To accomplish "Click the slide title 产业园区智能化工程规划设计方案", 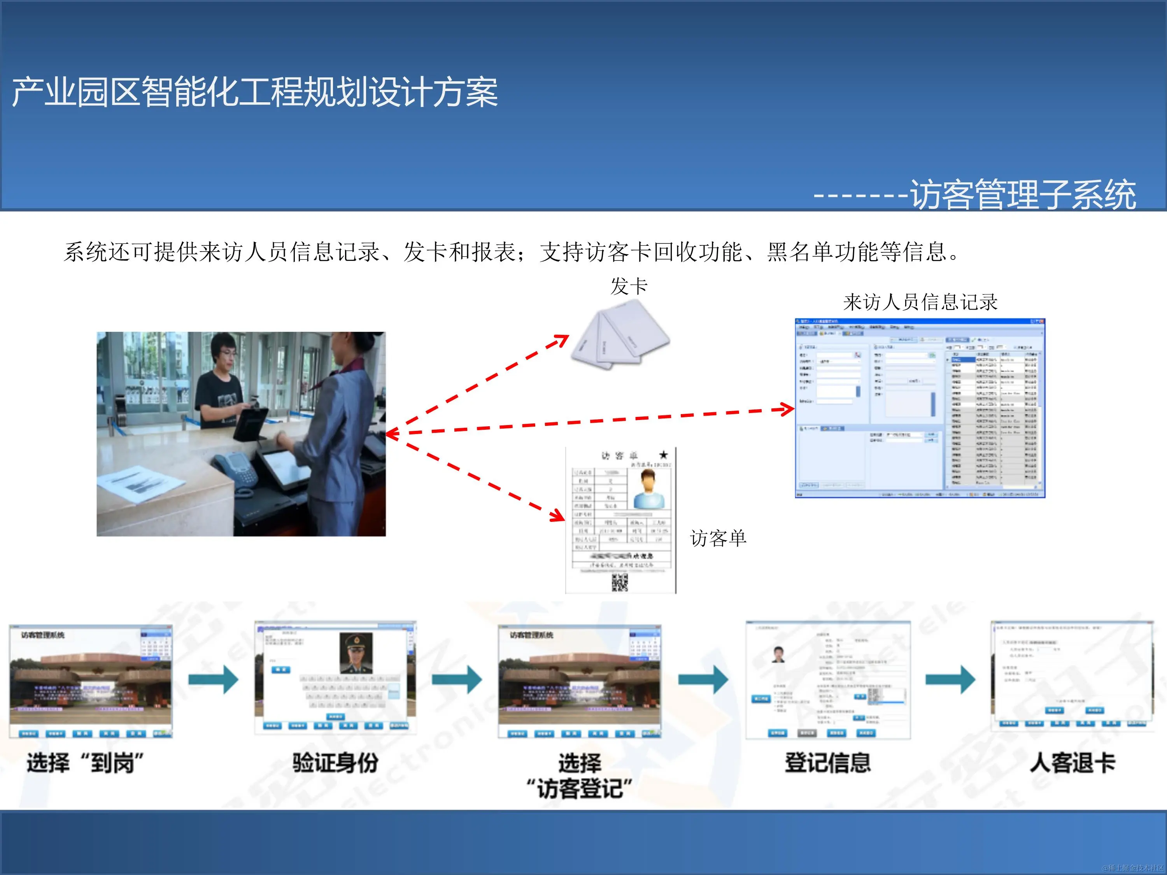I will pos(255,92).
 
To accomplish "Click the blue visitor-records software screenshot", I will pos(920,408).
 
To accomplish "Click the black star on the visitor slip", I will pos(663,455).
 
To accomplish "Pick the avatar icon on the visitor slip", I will pos(648,488).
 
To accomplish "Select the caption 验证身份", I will pos(336,763).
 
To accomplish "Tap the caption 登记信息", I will pos(827,763).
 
